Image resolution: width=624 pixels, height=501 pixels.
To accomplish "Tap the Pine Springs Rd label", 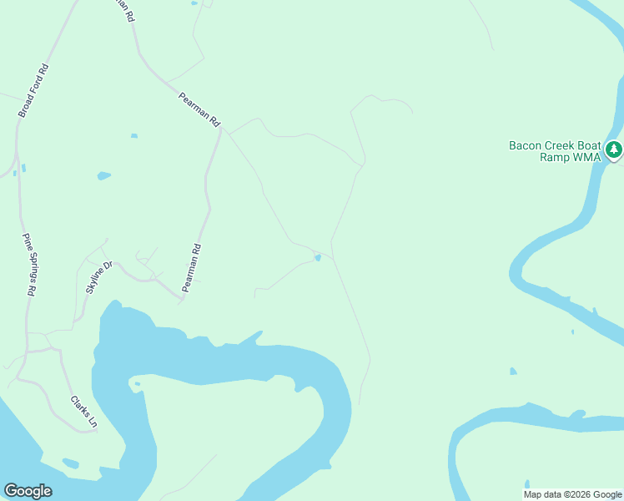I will [x=29, y=265].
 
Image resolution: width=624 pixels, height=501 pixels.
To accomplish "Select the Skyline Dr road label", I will [x=98, y=278].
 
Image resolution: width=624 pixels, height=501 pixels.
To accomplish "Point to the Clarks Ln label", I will [x=83, y=412].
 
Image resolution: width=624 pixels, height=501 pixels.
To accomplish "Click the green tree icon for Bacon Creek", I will [x=614, y=150].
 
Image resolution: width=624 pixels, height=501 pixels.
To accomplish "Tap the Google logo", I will [x=28, y=491].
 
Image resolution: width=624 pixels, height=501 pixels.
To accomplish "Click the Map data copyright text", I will [x=573, y=494].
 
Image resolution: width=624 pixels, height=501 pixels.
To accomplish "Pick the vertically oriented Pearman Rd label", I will [x=192, y=267].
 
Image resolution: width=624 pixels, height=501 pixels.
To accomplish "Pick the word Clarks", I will [x=79, y=407].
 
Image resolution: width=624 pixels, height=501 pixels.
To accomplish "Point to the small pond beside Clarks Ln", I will [x=70, y=463].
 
